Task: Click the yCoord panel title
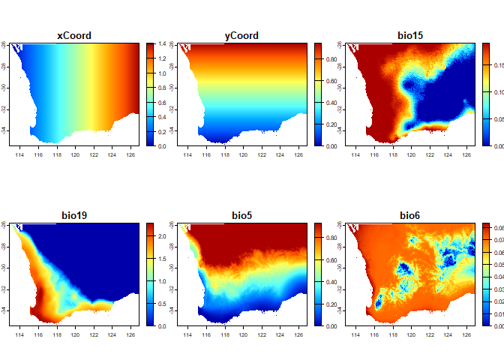point(241,35)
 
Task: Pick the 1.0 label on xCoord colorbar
point(163,73)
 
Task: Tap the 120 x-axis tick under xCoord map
point(75,155)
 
